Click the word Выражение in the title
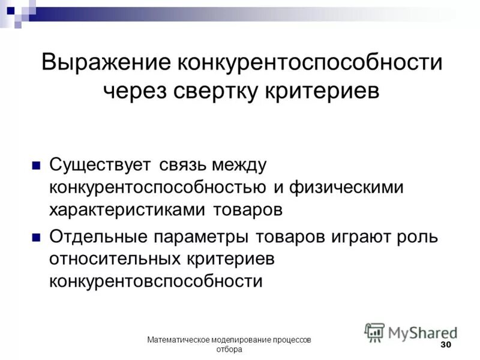coord(104,63)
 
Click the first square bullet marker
coord(35,164)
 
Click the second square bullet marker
coord(35,237)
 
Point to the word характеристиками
coord(129,210)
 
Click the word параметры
coord(201,236)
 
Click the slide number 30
coord(445,344)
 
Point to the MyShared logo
coord(412,332)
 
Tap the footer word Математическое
coord(183,340)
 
